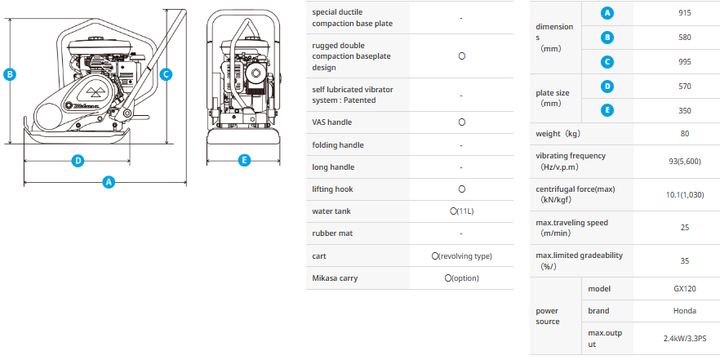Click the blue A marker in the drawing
point(109,182)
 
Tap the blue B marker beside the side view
point(10,74)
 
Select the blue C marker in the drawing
point(167,74)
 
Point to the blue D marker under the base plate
point(78,161)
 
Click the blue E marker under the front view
point(244,160)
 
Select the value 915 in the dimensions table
point(685,13)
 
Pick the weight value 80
point(685,134)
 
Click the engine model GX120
point(685,289)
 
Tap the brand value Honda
point(685,311)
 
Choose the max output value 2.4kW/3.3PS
point(685,339)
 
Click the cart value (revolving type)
point(461,256)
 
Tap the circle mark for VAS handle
point(462,122)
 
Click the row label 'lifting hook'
point(332,189)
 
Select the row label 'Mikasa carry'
point(335,278)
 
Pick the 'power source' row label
point(548,316)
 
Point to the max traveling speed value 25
point(685,228)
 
